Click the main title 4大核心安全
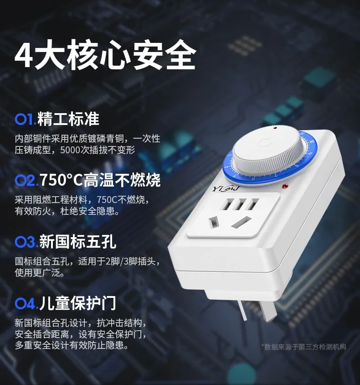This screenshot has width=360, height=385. (x=105, y=55)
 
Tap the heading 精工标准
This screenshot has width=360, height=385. (x=68, y=119)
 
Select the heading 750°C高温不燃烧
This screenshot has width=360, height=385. (x=100, y=180)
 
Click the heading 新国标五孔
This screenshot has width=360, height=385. (x=77, y=241)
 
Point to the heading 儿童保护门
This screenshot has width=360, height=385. (x=77, y=303)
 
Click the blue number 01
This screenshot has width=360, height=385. (x=26, y=120)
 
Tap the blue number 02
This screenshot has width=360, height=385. (x=26, y=181)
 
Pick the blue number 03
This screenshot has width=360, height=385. (x=26, y=242)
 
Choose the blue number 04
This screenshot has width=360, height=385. (x=26, y=304)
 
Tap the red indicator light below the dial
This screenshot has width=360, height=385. (x=285, y=186)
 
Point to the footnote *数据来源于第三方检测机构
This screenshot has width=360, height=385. (x=303, y=347)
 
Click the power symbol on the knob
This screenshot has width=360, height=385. (x=264, y=143)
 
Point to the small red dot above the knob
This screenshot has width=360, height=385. (x=275, y=128)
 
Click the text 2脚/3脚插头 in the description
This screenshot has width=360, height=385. (x=130, y=261)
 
